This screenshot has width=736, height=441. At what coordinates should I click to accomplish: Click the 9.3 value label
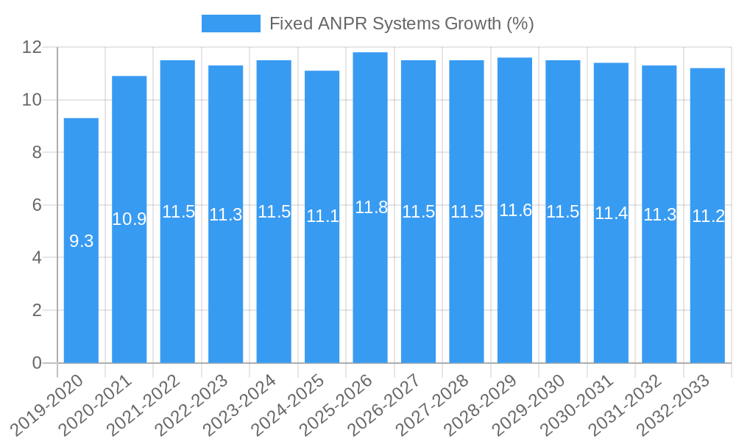point(81,241)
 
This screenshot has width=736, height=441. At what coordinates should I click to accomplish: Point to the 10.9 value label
point(129,219)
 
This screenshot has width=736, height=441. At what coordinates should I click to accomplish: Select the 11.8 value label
point(371,207)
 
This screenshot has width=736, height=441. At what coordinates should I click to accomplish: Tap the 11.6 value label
point(515,210)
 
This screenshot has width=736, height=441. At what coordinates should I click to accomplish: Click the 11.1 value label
point(322,216)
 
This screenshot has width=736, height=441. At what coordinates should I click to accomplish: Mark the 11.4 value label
point(612,213)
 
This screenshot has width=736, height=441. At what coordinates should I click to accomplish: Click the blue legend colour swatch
point(231,24)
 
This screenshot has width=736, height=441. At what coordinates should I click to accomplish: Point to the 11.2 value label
point(708,216)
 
